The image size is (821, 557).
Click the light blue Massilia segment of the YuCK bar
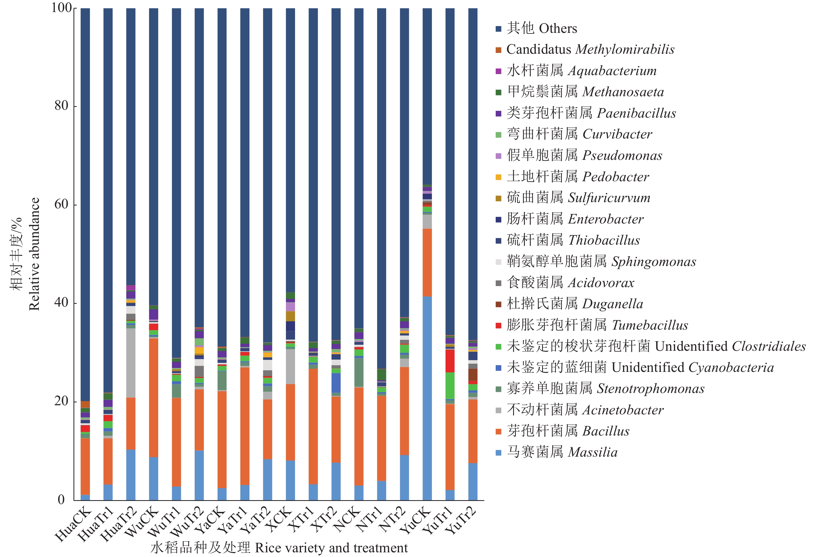pyautogui.click(x=427, y=398)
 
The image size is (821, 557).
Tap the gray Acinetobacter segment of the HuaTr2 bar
pyautogui.click(x=131, y=363)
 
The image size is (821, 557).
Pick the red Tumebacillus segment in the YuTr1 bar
pyautogui.click(x=450, y=361)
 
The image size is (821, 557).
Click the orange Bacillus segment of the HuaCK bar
pyautogui.click(x=85, y=467)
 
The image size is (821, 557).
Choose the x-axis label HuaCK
pyautogui.click(x=73, y=525)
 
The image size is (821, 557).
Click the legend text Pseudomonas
pyautogui.click(x=622, y=155)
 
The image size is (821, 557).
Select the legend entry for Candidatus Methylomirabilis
pyautogui.click(x=590, y=50)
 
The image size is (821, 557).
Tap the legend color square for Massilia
pyautogui.click(x=498, y=453)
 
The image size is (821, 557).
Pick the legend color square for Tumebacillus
pyautogui.click(x=498, y=325)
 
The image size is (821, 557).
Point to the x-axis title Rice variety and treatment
pyautogui.click(x=331, y=548)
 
